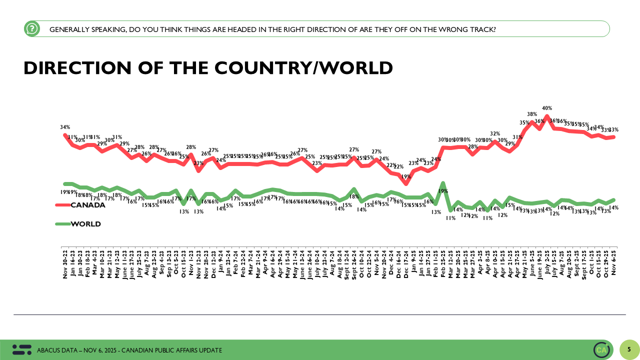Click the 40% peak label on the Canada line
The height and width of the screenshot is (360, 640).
tap(547, 108)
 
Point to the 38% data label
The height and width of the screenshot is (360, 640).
tap(532, 114)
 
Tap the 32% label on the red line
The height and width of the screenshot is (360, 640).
tap(495, 133)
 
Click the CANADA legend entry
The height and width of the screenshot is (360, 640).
tap(88, 205)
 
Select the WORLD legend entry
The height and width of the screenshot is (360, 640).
tap(85, 224)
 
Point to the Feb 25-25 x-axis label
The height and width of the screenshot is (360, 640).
tap(443, 263)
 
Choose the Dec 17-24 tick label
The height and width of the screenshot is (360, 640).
tap(406, 263)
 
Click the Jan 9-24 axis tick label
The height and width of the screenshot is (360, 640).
tap(220, 262)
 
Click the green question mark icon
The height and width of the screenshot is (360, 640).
tap(32, 29)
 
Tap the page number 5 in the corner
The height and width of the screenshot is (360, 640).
tap(629, 349)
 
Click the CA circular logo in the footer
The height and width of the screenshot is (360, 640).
tap(602, 350)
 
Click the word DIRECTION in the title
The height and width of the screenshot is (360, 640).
tap(80, 68)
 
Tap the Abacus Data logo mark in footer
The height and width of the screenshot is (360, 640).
tap(21, 350)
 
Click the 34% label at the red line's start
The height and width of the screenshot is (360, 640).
tap(65, 127)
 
